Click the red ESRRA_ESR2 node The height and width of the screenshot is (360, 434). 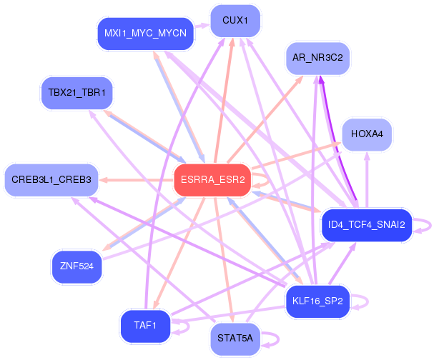212,180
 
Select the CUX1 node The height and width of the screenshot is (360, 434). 235,21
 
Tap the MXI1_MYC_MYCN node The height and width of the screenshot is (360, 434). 146,34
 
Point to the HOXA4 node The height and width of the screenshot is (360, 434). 368,134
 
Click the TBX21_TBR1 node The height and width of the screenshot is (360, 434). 77,93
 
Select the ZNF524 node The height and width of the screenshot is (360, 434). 77,266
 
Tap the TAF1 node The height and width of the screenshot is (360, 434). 145,326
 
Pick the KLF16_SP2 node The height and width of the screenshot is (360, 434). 317,302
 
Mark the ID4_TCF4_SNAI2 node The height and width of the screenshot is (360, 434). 366,226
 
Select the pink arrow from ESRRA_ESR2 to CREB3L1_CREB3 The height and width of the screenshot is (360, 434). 136,180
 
